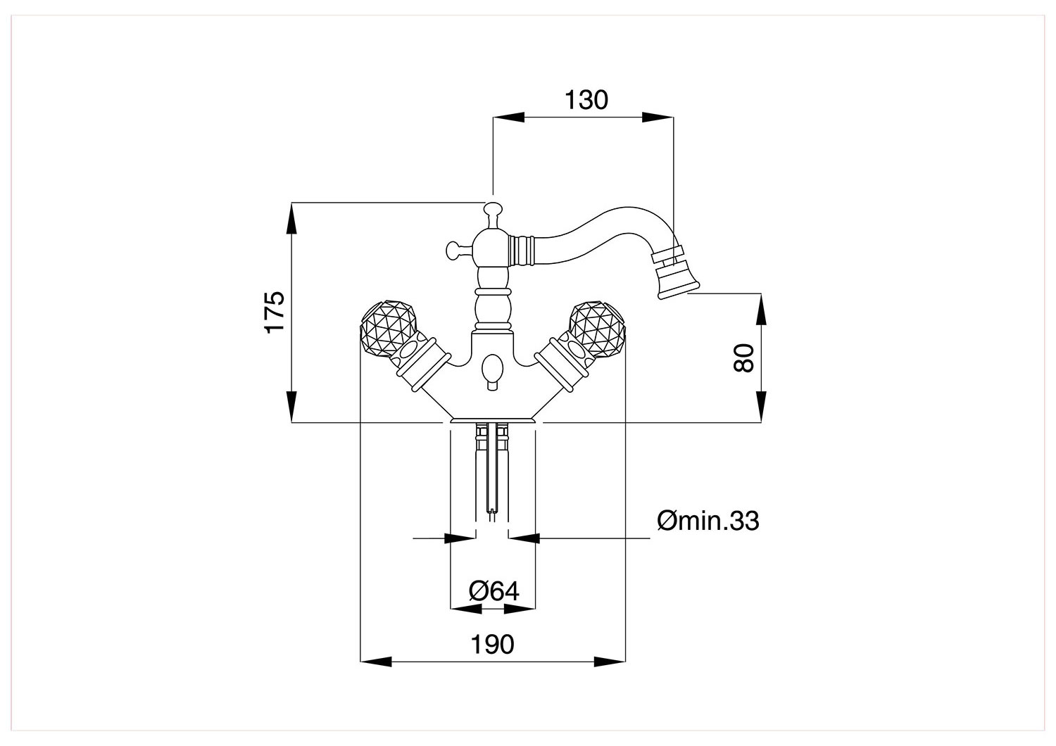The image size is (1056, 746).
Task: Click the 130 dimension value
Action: click(586, 100)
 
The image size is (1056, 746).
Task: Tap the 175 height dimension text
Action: click(275, 312)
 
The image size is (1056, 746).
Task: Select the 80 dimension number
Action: click(744, 358)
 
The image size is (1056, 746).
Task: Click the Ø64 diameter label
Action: click(494, 591)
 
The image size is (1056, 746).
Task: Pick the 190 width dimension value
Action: click(492, 644)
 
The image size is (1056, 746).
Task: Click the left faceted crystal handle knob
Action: click(389, 329)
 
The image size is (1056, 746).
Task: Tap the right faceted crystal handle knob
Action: click(597, 329)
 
